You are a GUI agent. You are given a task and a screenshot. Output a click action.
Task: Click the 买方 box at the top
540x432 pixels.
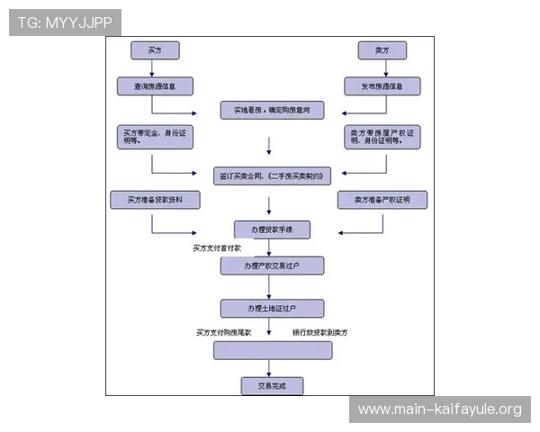153,50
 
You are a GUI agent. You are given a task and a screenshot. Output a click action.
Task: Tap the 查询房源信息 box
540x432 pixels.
153,86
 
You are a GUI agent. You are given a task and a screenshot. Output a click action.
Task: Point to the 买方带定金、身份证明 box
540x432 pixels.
155,137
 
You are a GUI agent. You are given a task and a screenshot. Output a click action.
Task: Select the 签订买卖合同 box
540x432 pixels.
271,174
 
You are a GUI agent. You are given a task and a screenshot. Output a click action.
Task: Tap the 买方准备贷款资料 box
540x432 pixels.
154,200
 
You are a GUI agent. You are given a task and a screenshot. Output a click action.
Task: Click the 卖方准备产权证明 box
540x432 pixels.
382,200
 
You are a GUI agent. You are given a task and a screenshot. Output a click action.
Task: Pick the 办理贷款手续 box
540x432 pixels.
271,229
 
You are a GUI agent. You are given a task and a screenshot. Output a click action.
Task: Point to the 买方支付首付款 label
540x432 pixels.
217,247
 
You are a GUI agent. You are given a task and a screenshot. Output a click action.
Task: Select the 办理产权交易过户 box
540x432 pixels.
271,266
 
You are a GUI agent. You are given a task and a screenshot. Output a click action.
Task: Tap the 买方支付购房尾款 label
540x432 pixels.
225,332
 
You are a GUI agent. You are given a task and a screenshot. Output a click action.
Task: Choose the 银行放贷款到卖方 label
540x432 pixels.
320,332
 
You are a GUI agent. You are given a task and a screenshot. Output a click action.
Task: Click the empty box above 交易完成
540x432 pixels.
272,350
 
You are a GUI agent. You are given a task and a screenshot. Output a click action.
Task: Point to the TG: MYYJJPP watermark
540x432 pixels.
66,22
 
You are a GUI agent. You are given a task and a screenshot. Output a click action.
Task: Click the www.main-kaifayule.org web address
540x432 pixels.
439,409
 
